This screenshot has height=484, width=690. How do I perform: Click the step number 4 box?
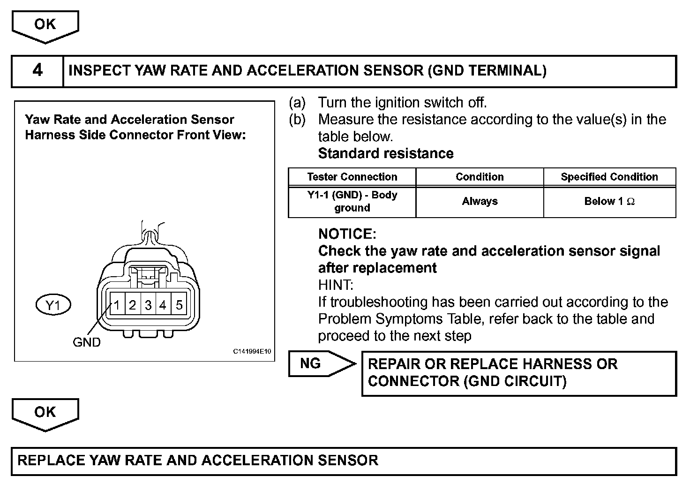pyautogui.click(x=37, y=71)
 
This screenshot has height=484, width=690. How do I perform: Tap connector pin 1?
pyautogui.click(x=117, y=305)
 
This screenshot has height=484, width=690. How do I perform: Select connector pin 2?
pyautogui.click(x=133, y=305)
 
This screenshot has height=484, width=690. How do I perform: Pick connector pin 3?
pyautogui.click(x=148, y=305)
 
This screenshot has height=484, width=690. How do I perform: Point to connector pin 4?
pyautogui.click(x=163, y=305)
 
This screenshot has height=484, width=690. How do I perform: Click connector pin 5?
pyautogui.click(x=179, y=305)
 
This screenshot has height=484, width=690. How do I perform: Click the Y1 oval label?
pyautogui.click(x=53, y=305)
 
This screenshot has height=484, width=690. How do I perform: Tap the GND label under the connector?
pyautogui.click(x=87, y=342)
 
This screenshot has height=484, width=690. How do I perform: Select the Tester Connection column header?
pyautogui.click(x=352, y=177)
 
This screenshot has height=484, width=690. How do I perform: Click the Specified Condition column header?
pyautogui.click(x=609, y=177)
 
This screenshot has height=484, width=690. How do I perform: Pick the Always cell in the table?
pyautogui.click(x=480, y=202)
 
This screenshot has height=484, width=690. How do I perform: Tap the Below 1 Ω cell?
pyautogui.click(x=609, y=202)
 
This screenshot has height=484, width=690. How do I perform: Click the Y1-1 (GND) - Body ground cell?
pyautogui.click(x=352, y=202)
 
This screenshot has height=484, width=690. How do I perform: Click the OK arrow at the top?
pyautogui.click(x=45, y=25)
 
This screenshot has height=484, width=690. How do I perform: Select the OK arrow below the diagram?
pyautogui.click(x=45, y=413)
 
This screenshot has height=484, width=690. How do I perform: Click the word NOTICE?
pyautogui.click(x=347, y=234)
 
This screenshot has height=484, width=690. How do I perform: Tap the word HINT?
pyautogui.click(x=336, y=285)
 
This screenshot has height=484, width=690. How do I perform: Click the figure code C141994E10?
pyautogui.click(x=252, y=352)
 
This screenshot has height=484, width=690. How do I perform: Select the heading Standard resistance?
pyautogui.click(x=386, y=154)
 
